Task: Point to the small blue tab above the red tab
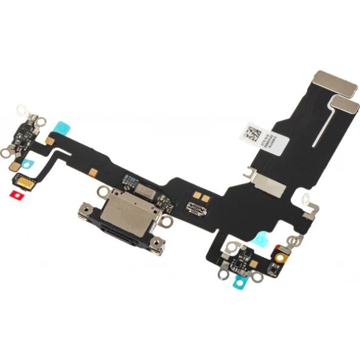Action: pyautogui.click(x=27, y=163)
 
